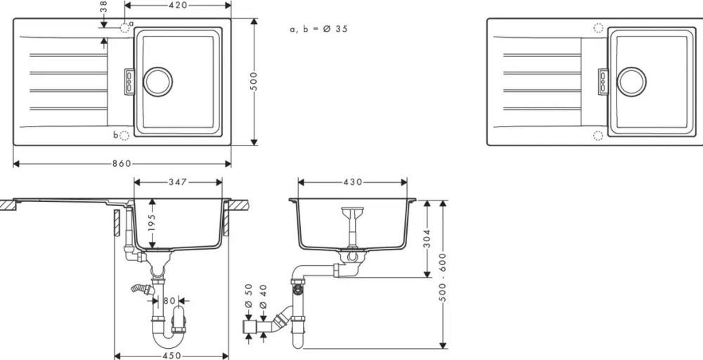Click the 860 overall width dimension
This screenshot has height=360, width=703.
pyautogui.click(x=122, y=164)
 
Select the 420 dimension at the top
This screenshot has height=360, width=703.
pyautogui.click(x=178, y=5)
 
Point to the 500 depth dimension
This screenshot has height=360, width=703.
pyautogui.click(x=254, y=81)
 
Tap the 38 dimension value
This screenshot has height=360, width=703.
pyautogui.click(x=103, y=7)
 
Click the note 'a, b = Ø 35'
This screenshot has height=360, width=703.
pyautogui.click(x=318, y=29)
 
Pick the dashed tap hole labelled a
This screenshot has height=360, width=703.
pyautogui.click(x=124, y=28)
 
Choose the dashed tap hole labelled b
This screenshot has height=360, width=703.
pyautogui.click(x=124, y=135)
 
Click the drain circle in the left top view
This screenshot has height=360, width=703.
pyautogui.click(x=157, y=82)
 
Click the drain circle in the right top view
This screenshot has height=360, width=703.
pyautogui.click(x=632, y=82)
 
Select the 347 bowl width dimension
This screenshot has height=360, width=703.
pyautogui.click(x=178, y=182)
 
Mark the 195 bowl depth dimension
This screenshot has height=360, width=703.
pyautogui.click(x=152, y=224)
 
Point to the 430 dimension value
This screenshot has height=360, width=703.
pyautogui.click(x=353, y=182)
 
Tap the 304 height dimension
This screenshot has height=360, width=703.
pyautogui.click(x=427, y=238)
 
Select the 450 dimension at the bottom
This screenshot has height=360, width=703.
pyautogui.click(x=172, y=356)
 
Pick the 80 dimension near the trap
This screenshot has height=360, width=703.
pyautogui.click(x=169, y=301)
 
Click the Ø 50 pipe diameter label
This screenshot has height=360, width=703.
pyautogui.click(x=250, y=296)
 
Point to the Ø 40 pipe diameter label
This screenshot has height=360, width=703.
pyautogui.click(x=263, y=296)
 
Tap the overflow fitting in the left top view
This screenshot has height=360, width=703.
pyautogui.click(x=129, y=82)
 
